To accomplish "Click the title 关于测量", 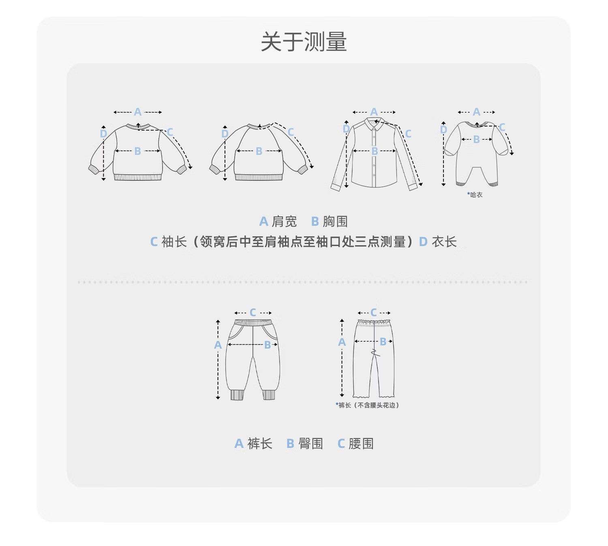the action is [304, 41].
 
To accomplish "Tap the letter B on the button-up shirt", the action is [375, 151].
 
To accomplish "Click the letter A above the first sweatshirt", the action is [137, 112].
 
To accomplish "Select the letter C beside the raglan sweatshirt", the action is [291, 132].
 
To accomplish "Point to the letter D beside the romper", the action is [443, 130].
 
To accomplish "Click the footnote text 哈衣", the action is [476, 195].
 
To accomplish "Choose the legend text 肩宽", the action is [284, 222].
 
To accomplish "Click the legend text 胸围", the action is [335, 222].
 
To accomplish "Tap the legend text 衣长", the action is [444, 242].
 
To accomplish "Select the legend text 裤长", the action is [259, 443].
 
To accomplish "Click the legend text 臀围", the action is [310, 443].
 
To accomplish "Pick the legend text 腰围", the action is [361, 443].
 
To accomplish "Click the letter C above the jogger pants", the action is [253, 313].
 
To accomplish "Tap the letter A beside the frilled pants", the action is [342, 342].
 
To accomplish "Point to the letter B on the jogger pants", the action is [268, 345].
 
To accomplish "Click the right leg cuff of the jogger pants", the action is [269, 395].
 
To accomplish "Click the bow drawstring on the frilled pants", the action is [375, 353].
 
